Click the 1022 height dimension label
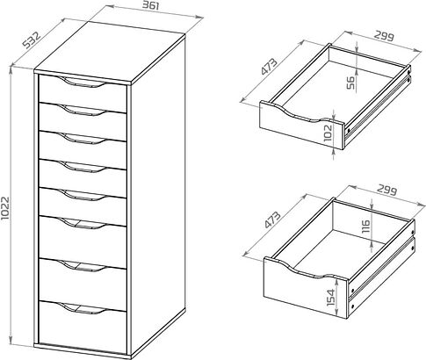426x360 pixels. tap(5, 208)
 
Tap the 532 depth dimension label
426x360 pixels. tap(32, 40)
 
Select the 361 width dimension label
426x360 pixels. tap(151, 5)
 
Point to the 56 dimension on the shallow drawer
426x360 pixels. tap(350, 83)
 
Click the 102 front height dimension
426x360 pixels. tap(329, 133)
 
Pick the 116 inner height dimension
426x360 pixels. tap(365, 227)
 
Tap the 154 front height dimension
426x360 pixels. tap(331, 298)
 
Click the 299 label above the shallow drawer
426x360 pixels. tap(384, 36)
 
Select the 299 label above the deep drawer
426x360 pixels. tap(386, 191)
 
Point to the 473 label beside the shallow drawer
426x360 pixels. tap(269, 68)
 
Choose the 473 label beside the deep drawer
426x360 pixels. tap(272, 220)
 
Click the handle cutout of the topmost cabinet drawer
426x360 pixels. tap(83, 82)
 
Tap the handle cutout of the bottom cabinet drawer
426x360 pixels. tap(83, 308)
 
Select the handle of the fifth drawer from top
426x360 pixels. tap(83, 195)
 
